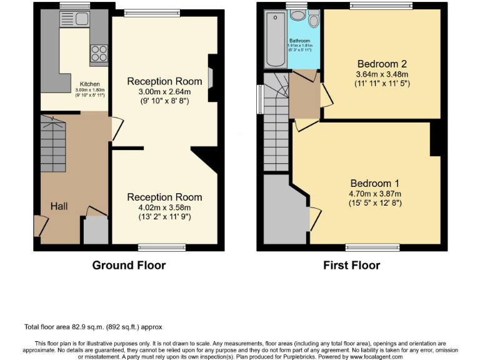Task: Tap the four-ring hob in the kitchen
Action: point(99,52)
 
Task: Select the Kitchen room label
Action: point(89,84)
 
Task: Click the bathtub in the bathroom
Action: point(275,39)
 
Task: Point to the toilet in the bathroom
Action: point(313,19)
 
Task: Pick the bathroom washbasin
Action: point(298,15)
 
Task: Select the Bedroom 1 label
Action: point(374,184)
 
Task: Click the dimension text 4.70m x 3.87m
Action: point(374,194)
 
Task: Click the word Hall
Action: point(59,206)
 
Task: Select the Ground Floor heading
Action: point(129,265)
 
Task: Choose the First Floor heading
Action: point(351,265)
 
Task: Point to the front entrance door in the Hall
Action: point(39,226)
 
